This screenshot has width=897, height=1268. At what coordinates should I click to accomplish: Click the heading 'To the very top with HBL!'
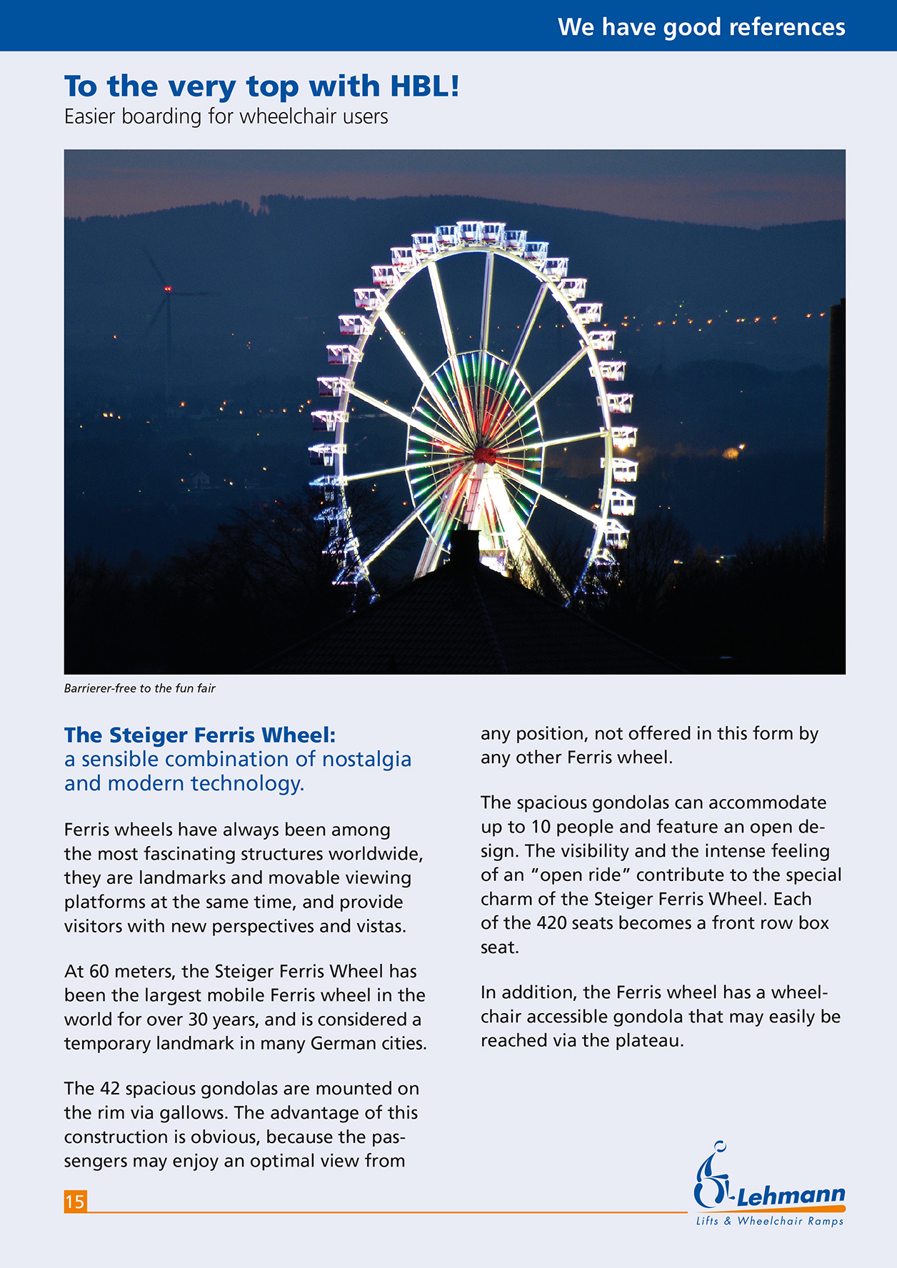(x=261, y=86)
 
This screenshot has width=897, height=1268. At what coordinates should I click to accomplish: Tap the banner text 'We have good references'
(x=701, y=27)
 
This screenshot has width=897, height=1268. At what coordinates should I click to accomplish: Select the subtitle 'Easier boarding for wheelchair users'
(x=226, y=116)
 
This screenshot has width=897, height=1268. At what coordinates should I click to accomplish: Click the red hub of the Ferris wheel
(x=485, y=454)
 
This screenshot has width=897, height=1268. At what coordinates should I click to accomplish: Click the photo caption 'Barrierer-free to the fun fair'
(x=139, y=688)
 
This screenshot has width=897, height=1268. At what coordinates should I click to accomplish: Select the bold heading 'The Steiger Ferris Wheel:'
(x=199, y=735)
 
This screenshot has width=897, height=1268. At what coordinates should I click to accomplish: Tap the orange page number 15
(x=75, y=1202)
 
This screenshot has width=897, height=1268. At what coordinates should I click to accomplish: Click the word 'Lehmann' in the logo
(x=791, y=1195)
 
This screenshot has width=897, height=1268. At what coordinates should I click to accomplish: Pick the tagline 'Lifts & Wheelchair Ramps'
(x=770, y=1221)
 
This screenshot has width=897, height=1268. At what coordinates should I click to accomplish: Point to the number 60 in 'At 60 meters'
(x=99, y=971)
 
